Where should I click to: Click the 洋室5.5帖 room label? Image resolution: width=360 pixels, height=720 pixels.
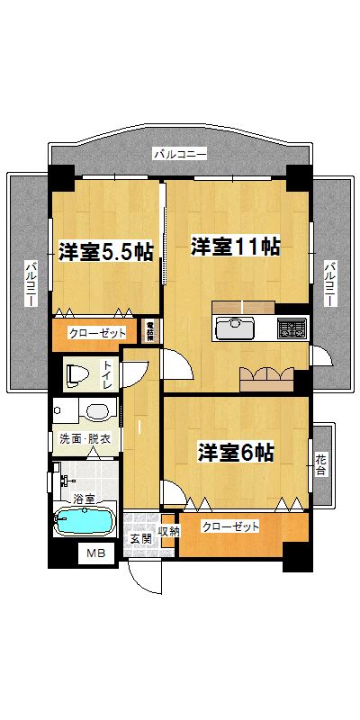[x=106, y=252]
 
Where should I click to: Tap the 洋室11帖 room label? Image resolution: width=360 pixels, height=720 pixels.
[x=234, y=246]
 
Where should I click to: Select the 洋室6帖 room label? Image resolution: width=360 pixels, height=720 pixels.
[x=236, y=452]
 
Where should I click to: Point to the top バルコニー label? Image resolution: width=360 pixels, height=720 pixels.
[x=180, y=154]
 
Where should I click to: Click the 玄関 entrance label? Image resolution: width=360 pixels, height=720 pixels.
[x=140, y=539]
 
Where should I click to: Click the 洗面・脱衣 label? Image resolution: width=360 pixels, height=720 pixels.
[x=85, y=439]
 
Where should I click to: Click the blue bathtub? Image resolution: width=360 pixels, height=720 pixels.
[x=83, y=521]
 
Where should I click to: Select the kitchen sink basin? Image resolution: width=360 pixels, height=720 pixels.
[x=236, y=326]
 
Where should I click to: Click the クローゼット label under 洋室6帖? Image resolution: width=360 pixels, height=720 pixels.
[x=230, y=526]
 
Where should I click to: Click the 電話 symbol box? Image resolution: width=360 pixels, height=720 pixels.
[x=150, y=330]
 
